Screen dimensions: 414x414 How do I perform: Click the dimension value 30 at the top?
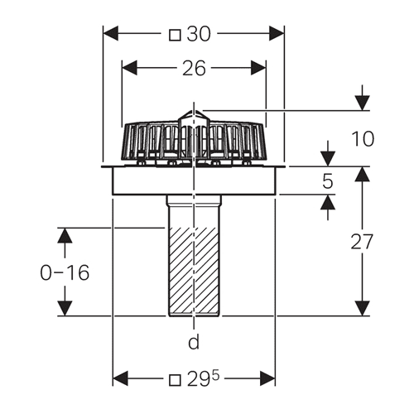pyautogui.click(x=199, y=35)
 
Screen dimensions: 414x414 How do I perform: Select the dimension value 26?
pyautogui.click(x=194, y=69)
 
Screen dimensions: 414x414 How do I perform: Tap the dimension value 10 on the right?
pyautogui.click(x=363, y=138)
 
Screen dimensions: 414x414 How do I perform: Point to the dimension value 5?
pyautogui.click(x=328, y=181)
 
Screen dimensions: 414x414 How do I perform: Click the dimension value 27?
pyautogui.click(x=362, y=242)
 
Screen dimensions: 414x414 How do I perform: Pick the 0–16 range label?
pyautogui.click(x=65, y=272)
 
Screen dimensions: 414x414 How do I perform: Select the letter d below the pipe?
pyautogui.click(x=194, y=342)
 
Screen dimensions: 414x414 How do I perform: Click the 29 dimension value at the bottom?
pyautogui.click(x=199, y=379)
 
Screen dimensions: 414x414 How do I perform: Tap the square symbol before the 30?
pyautogui.click(x=175, y=36)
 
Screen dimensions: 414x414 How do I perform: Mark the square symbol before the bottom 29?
pyautogui.click(x=175, y=380)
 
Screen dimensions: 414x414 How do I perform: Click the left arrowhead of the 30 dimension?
pyautogui.click(x=110, y=33)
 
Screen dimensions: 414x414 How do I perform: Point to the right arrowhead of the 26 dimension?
pyautogui.click(x=258, y=68)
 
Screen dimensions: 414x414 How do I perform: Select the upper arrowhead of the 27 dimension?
pyautogui.click(x=362, y=174)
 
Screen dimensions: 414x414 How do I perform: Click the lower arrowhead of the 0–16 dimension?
pyautogui.click(x=65, y=308)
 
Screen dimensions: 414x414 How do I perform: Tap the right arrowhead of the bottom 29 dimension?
pyautogui.click(x=267, y=378)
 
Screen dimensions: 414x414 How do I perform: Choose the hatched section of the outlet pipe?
pyautogui.click(x=194, y=272)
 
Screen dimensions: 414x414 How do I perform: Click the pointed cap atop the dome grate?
pyautogui.click(x=195, y=118)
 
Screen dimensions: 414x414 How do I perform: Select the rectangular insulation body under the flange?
pyautogui.click(x=194, y=181)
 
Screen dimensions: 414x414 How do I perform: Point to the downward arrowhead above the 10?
pyautogui.click(x=363, y=103)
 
